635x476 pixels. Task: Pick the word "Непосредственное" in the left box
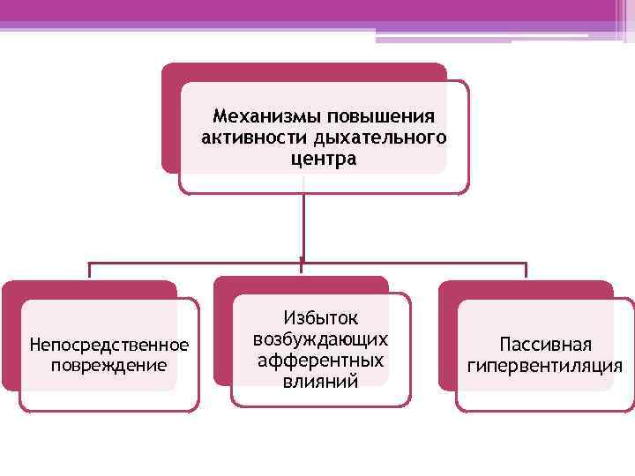click(x=109, y=343)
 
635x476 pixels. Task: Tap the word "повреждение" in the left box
click(x=109, y=363)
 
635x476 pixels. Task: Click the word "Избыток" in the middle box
click(x=320, y=319)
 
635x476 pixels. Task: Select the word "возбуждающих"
click(x=320, y=339)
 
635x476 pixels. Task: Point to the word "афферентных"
click(x=320, y=360)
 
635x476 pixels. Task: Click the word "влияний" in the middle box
click(x=320, y=381)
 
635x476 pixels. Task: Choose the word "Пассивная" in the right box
click(x=545, y=344)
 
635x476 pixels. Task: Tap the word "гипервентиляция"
click(x=545, y=365)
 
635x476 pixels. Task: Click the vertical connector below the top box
click(x=303, y=225)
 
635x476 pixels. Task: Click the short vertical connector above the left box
click(x=88, y=271)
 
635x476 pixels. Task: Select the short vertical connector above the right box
click(x=526, y=271)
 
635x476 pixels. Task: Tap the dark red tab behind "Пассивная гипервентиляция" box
click(x=529, y=289)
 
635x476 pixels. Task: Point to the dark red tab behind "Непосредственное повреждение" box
click(x=88, y=289)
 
